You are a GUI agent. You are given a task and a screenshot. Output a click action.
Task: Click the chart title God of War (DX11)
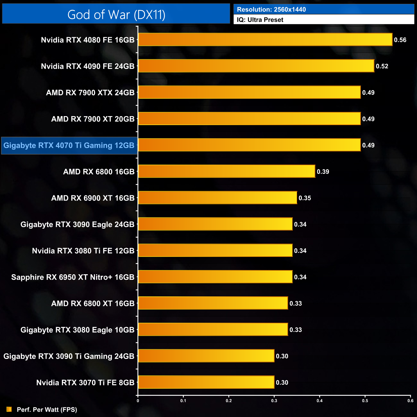click(x=116, y=15)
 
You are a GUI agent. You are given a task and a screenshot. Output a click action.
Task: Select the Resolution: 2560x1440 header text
click(x=271, y=9)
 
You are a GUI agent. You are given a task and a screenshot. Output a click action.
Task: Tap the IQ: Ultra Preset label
click(x=260, y=20)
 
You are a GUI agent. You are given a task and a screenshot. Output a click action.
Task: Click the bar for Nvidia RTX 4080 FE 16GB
click(x=265, y=40)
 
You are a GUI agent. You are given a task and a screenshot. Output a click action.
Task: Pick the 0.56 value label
click(x=400, y=40)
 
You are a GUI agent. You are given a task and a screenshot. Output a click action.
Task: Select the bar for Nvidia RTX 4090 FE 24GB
click(x=256, y=66)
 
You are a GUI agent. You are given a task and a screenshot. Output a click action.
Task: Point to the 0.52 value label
click(x=382, y=66)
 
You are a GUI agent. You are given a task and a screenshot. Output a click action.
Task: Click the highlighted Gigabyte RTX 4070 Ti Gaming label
click(x=69, y=146)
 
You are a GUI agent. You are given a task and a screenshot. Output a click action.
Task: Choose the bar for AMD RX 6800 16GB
click(x=226, y=171)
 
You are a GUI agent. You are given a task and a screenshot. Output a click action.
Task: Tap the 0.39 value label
click(x=323, y=172)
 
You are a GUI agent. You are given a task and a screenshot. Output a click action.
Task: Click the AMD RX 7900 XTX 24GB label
click(x=90, y=93)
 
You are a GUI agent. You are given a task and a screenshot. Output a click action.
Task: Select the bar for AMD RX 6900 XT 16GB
click(x=217, y=198)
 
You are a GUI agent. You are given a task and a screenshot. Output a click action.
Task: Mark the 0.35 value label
click(x=305, y=198)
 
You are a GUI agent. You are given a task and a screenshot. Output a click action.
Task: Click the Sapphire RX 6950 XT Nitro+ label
click(x=72, y=277)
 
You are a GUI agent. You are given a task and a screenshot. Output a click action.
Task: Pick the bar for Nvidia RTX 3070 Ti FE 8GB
click(x=206, y=382)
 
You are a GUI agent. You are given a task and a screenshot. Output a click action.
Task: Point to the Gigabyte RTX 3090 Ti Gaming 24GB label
click(x=69, y=356)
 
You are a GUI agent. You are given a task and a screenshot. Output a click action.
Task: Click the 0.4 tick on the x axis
click(x=319, y=401)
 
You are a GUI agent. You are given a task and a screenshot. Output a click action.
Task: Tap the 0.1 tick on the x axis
click(x=183, y=401)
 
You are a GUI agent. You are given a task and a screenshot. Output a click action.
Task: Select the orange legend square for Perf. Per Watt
click(x=9, y=409)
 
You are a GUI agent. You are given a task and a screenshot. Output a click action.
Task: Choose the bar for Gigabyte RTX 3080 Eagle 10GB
click(x=213, y=329)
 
